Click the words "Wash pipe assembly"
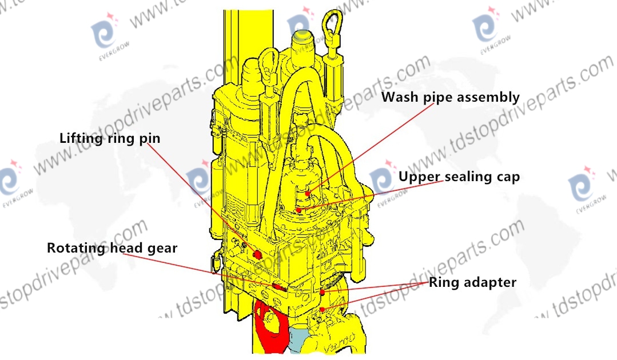[451, 97]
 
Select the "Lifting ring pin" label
[110, 138]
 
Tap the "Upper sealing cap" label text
[459, 177]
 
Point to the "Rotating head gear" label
[112, 248]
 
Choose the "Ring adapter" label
[472, 282]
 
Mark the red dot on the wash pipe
[308, 193]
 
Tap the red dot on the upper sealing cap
[298, 210]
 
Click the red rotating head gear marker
[278, 287]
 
